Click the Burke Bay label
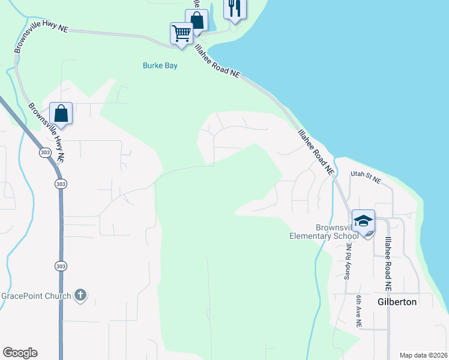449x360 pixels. pyautogui.click(x=160, y=65)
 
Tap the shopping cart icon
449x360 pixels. pyautogui.click(x=181, y=33)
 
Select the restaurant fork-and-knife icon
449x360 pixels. pyautogui.click(x=234, y=8)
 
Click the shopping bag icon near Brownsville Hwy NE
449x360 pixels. pyautogui.click(x=61, y=112)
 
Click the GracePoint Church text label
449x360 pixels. pyautogui.click(x=36, y=295)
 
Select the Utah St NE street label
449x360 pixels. pyautogui.click(x=366, y=178)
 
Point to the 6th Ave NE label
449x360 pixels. pyautogui.click(x=358, y=311)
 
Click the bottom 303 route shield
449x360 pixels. pyautogui.click(x=60, y=265)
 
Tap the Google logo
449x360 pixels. pyautogui.click(x=20, y=353)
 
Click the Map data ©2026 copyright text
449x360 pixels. pyautogui.click(x=423, y=355)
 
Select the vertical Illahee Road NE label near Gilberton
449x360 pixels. pyautogui.click(x=388, y=264)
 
